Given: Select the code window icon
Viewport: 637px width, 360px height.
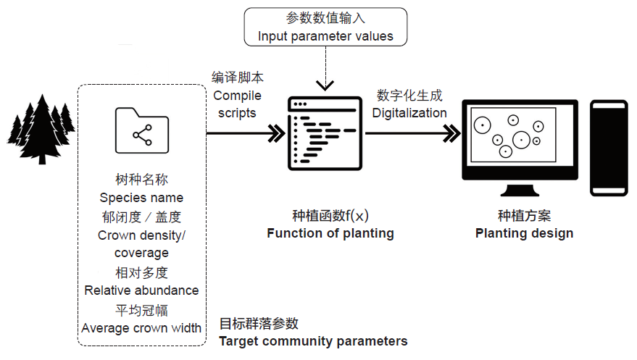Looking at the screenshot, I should (324, 130).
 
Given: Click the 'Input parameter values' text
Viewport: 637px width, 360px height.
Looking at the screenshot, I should (325, 36).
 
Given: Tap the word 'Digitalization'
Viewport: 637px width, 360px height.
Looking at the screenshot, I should (409, 113).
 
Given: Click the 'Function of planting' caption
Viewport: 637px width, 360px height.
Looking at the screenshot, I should (330, 233).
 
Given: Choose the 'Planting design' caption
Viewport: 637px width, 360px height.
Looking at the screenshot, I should (524, 233).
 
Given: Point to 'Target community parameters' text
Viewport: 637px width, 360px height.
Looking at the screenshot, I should (313, 341).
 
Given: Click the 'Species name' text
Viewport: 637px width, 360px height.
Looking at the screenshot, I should (141, 198).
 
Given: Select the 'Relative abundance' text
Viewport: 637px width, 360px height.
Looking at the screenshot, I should (141, 290).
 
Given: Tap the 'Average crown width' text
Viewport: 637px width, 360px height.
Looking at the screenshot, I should (141, 328).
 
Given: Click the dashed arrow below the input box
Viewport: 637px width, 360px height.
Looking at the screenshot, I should (326, 72).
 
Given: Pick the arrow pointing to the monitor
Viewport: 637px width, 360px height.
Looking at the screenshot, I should (413, 133).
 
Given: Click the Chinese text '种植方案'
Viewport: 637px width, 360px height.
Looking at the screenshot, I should (524, 216).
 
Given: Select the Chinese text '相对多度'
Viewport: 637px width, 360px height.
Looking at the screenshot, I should (141, 272).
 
